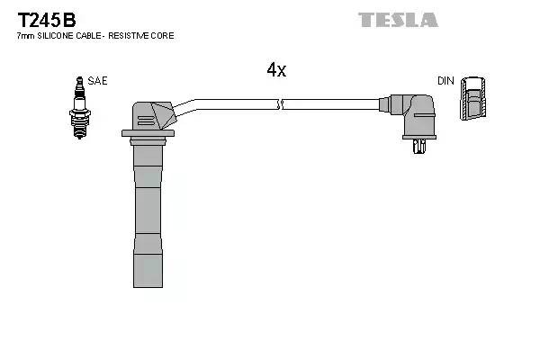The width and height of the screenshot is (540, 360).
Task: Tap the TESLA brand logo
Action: (398, 19)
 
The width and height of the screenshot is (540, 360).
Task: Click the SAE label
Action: (98, 81)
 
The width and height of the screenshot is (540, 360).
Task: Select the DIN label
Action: (445, 81)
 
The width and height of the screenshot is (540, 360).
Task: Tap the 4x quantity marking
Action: (276, 70)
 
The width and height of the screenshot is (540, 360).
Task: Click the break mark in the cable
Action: (282, 104)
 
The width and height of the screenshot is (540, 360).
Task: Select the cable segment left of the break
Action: (234, 103)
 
